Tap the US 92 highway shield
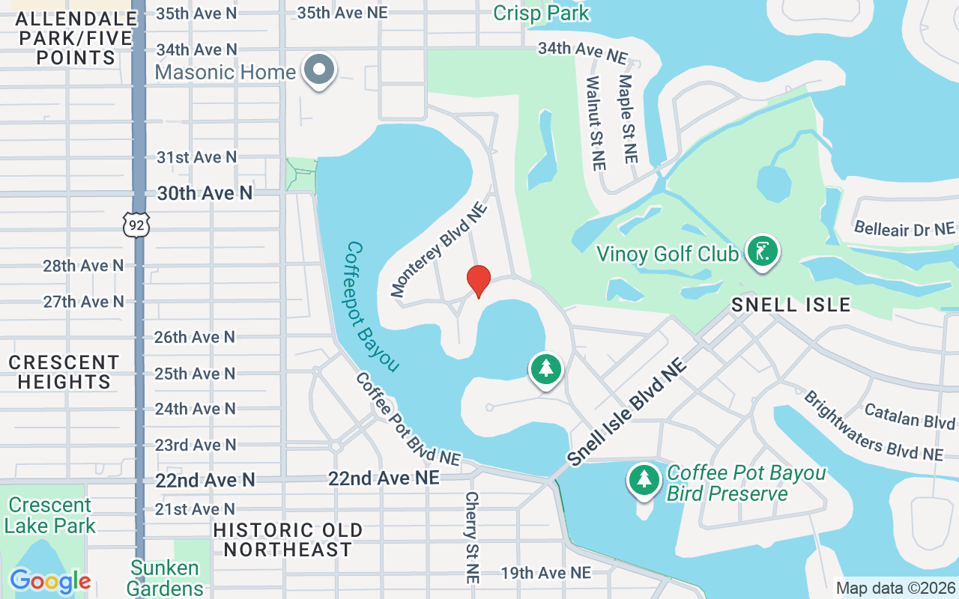tap(138, 224)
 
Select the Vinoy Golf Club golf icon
tap(762, 252)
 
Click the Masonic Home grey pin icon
tap(320, 70)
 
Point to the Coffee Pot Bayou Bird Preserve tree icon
tap(644, 479)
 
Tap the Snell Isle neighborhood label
tap(790, 305)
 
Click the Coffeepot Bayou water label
tap(372, 306)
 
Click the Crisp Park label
tap(542, 13)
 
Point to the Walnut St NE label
tap(596, 123)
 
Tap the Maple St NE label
tap(627, 118)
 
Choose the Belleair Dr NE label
tap(904, 228)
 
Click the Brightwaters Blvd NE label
tap(873, 425)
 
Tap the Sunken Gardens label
tap(165, 578)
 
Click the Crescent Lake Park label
tap(50, 515)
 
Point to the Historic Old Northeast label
tap(288, 540)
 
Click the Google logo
tap(50, 580)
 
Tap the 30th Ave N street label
tap(205, 193)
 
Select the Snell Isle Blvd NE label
tap(628, 413)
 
